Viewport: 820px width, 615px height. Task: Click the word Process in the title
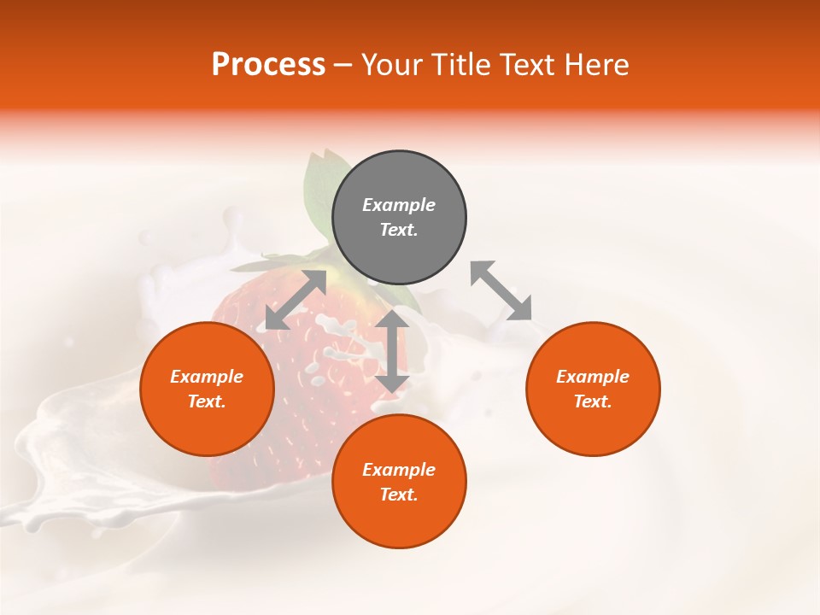(x=268, y=65)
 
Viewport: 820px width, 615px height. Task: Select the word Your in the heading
(x=392, y=65)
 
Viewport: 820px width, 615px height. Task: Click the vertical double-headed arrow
(x=392, y=351)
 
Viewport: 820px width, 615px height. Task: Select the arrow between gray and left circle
(x=296, y=300)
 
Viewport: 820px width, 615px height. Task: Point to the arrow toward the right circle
(x=501, y=291)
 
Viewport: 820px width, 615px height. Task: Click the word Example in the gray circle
(x=399, y=205)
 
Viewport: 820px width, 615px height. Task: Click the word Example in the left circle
(x=207, y=377)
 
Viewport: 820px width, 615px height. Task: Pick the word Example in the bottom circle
(x=399, y=470)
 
